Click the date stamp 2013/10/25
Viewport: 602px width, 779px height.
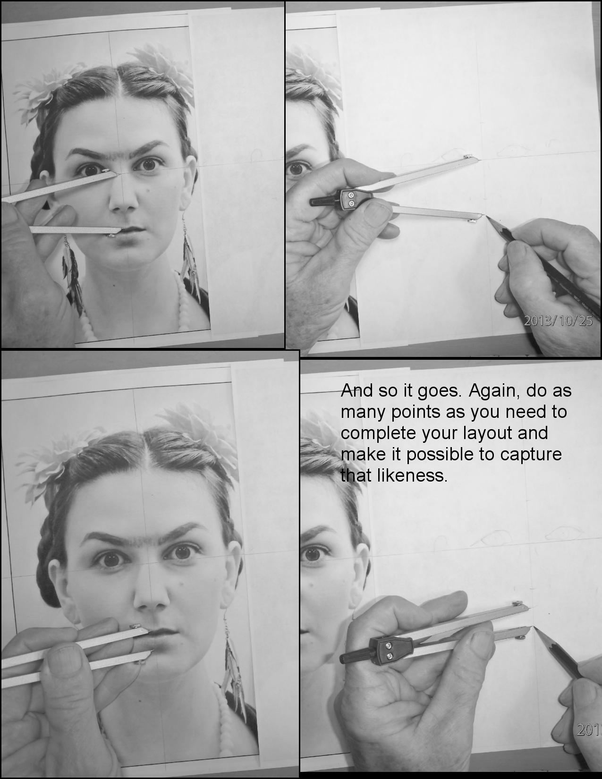coord(558,322)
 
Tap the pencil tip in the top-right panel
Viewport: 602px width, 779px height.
coord(486,218)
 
